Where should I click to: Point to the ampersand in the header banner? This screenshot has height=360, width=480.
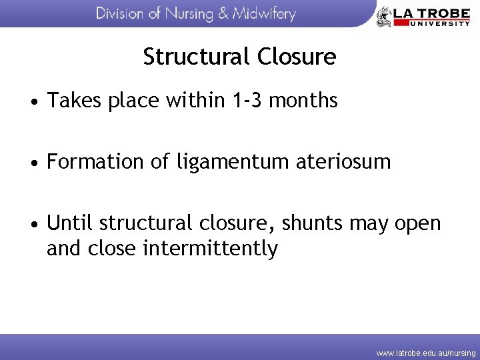pos(225,14)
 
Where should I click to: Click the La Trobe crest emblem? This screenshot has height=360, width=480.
pos(384,16)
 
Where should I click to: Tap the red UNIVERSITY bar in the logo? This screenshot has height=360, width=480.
pos(431,23)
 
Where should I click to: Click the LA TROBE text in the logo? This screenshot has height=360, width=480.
pos(431,12)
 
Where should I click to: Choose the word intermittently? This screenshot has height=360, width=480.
pos(211,249)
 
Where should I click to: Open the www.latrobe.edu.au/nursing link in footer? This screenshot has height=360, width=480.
pos(425,353)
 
